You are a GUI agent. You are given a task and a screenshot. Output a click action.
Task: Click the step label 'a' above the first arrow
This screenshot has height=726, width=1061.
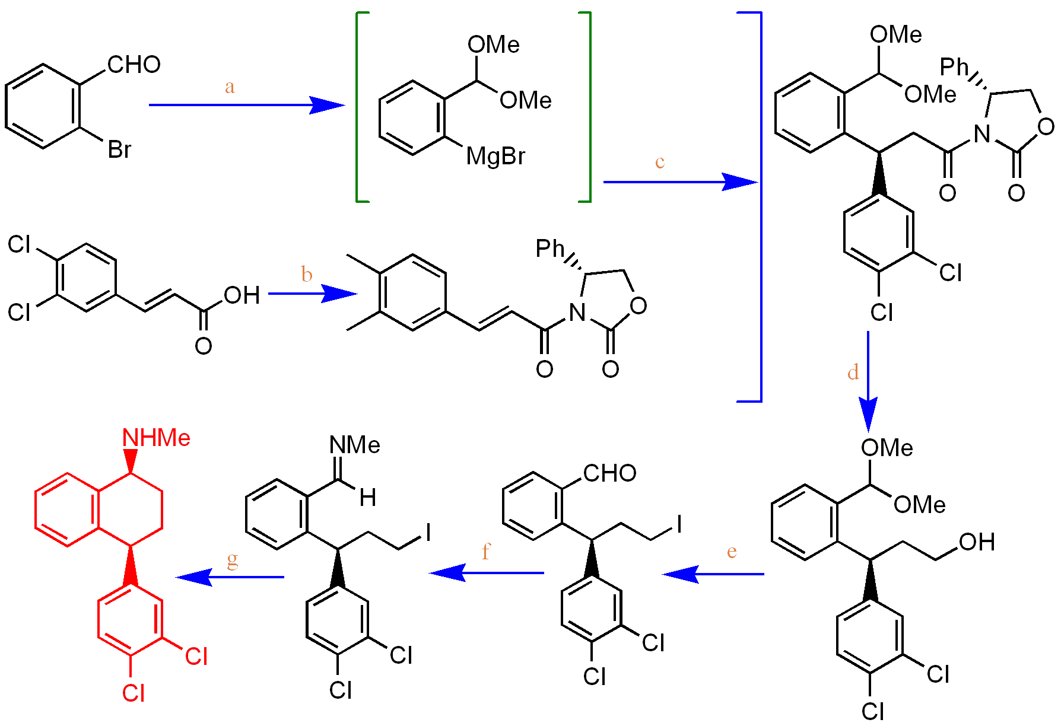tap(230, 87)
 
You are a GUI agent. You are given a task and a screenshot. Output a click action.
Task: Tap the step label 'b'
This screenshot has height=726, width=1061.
tap(306, 274)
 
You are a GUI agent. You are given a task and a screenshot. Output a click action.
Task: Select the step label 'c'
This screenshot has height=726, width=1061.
tap(659, 162)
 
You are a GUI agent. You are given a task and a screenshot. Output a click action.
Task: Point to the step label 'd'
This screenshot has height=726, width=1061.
tap(853, 372)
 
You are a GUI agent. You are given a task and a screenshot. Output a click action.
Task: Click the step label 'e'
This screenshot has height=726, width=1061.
tap(732, 552)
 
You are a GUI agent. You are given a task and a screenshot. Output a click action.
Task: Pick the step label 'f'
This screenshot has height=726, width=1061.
tap(486, 552)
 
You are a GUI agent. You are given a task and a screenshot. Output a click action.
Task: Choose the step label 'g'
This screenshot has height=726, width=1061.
tap(232, 559)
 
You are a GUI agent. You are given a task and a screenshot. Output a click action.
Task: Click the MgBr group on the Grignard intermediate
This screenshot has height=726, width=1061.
tap(495, 157)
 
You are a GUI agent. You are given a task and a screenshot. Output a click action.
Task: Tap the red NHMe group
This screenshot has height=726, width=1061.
tap(156, 438)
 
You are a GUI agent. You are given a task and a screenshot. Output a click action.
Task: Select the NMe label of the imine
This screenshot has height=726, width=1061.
tap(354, 445)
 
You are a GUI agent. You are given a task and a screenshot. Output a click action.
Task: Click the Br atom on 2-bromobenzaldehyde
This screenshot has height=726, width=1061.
tap(119, 149)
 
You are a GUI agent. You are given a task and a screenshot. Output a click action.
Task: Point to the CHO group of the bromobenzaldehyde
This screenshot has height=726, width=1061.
tap(134, 65)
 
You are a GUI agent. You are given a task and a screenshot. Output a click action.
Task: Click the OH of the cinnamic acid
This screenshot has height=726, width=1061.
tap(242, 295)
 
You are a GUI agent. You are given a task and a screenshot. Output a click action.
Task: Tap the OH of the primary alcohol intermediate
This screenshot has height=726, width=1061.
tap(976, 542)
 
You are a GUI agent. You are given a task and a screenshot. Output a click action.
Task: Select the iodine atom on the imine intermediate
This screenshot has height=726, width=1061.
tap(428, 532)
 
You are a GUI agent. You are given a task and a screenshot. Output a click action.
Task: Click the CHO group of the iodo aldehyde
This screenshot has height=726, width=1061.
tap(609, 473)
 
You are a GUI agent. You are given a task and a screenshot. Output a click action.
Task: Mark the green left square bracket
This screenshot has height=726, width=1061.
tap(358, 107)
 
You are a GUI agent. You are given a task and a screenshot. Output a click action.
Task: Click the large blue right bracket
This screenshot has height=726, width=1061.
tap(759, 206)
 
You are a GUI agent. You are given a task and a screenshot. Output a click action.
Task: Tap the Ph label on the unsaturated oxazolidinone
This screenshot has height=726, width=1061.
tap(549, 249)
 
